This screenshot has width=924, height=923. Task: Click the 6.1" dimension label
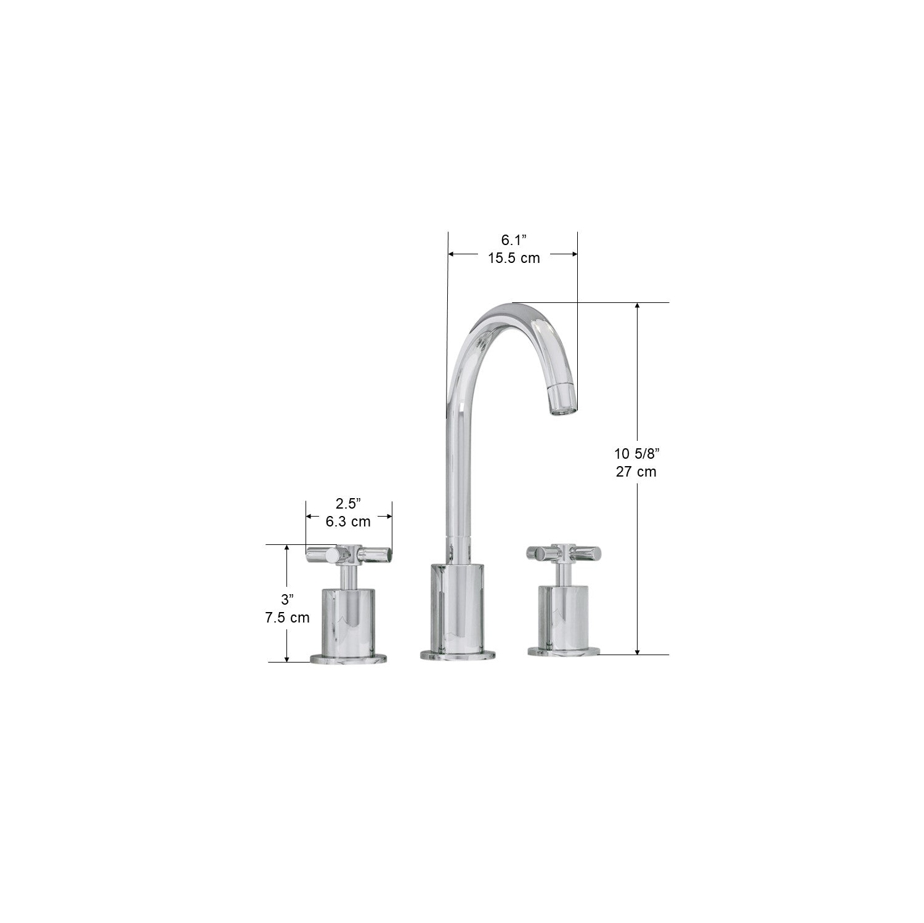[514, 241]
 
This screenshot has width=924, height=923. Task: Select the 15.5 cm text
[514, 258]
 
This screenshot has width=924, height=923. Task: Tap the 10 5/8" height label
[636, 454]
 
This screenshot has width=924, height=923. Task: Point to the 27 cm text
[636, 472]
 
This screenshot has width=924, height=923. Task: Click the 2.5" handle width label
[348, 504]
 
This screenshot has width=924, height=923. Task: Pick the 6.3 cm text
[348, 522]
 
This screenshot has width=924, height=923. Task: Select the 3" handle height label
[287, 600]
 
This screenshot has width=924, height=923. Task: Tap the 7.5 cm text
[287, 618]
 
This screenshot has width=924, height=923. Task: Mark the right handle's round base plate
[564, 651]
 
